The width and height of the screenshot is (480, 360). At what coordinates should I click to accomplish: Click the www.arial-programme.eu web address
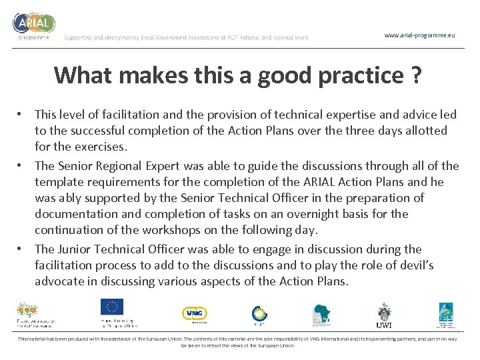(x=419, y=35)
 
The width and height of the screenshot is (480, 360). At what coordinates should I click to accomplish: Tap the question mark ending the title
(x=417, y=75)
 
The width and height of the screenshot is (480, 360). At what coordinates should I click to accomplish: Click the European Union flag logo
(x=112, y=307)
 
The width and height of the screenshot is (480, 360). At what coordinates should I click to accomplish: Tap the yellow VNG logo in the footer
(x=194, y=313)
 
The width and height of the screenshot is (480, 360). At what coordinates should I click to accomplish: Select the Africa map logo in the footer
(x=323, y=315)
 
